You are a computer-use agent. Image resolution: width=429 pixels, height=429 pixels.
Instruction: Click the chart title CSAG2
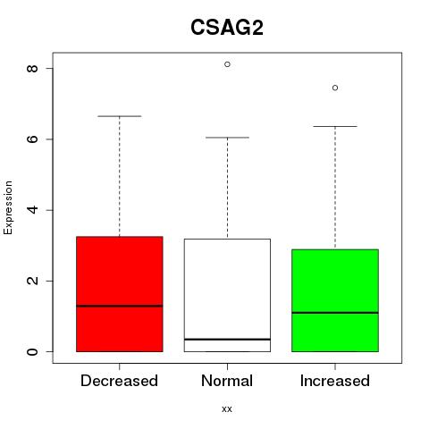(x=227, y=28)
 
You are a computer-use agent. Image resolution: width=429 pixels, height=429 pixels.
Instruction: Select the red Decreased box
(x=120, y=294)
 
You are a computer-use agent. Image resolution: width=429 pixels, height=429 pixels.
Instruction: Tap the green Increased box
(x=335, y=300)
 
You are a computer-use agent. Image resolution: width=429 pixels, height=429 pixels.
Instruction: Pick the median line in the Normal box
(x=227, y=340)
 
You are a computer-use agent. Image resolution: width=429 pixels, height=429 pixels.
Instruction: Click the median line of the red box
(x=120, y=306)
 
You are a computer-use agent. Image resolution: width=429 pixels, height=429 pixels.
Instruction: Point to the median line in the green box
(x=335, y=313)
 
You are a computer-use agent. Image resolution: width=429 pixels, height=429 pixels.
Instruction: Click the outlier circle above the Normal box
(x=227, y=64)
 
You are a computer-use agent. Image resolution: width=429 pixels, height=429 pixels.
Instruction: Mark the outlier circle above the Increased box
(x=335, y=88)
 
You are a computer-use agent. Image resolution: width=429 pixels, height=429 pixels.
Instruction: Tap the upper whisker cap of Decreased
(x=120, y=116)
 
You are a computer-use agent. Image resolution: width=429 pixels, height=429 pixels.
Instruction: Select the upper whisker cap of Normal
(x=227, y=138)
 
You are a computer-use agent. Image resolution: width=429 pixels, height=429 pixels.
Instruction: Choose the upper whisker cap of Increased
(x=335, y=126)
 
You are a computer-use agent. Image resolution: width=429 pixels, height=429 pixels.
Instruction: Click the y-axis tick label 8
(x=32, y=69)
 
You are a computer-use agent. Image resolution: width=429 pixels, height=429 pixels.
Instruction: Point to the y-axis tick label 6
(x=32, y=139)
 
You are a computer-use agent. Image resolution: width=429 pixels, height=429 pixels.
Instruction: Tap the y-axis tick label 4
(x=32, y=210)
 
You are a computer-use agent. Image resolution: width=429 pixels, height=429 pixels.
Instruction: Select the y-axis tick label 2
(x=32, y=281)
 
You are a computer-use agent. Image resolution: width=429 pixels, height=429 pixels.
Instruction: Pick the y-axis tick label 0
(x=32, y=351)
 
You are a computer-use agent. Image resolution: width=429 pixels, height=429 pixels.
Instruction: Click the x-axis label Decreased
(x=119, y=381)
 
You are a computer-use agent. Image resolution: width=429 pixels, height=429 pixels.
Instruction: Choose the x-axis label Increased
(x=335, y=381)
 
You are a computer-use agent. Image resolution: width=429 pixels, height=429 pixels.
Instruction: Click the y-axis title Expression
(x=8, y=207)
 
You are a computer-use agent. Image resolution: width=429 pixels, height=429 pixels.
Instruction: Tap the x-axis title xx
(x=227, y=409)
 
